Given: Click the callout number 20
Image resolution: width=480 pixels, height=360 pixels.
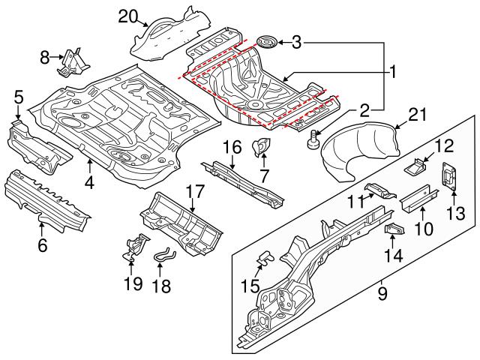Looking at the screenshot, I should tap(129, 15).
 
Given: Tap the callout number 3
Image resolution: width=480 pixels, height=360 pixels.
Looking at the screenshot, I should tap(297, 42).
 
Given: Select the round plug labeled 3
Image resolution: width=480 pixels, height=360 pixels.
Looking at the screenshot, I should tap(266, 40).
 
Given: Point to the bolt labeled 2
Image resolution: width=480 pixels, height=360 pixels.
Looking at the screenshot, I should tap(313, 139).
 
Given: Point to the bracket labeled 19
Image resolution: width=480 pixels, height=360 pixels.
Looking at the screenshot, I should tap(133, 247).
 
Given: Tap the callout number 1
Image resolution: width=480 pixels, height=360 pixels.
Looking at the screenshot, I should tap(391, 73).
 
